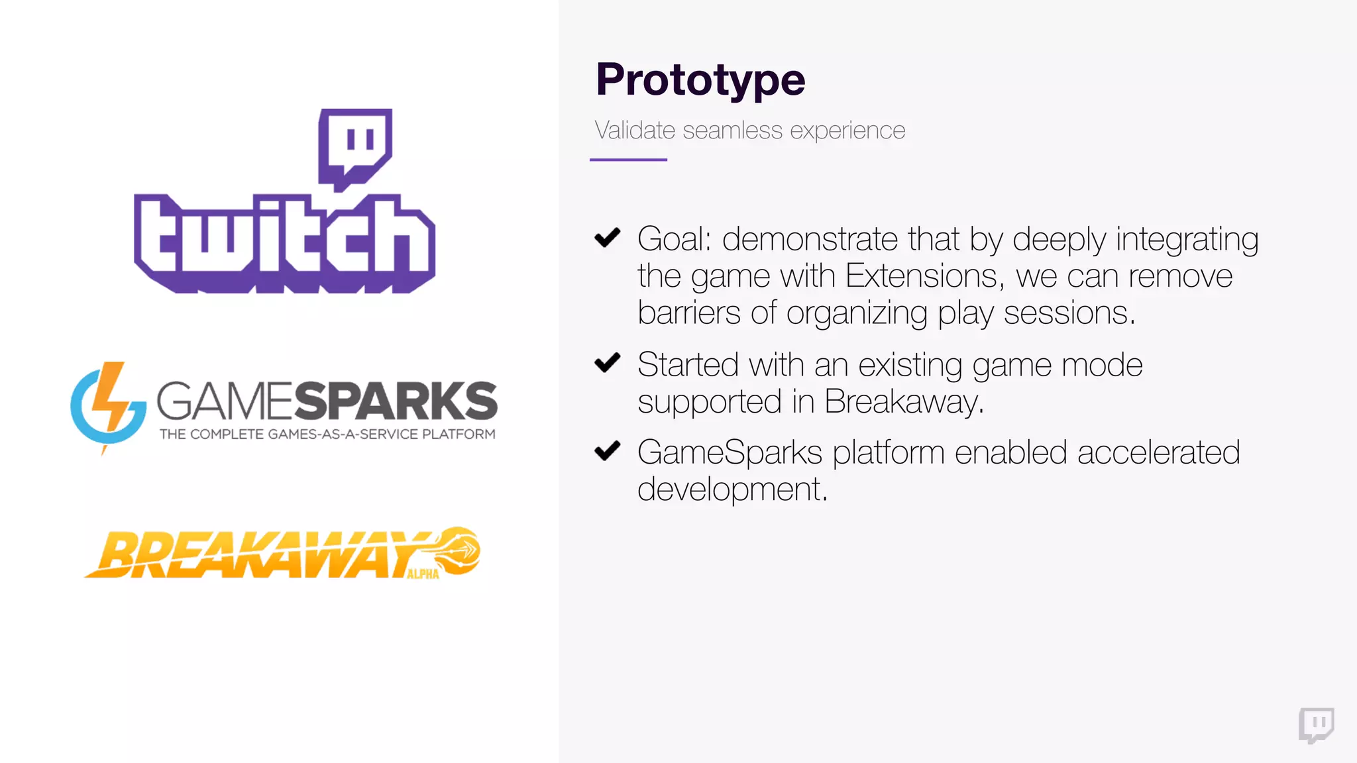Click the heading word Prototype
pyautogui.click(x=700, y=79)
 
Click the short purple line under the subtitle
pyautogui.click(x=628, y=160)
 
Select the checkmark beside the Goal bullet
pyautogui.click(x=607, y=237)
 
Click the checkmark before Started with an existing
pyautogui.click(x=607, y=362)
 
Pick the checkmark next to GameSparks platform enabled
pyautogui.click(x=607, y=451)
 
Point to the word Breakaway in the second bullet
pyautogui.click(x=903, y=402)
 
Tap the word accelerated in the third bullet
pyautogui.click(x=1158, y=453)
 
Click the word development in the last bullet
pyautogui.click(x=732, y=489)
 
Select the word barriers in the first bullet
pyautogui.click(x=688, y=313)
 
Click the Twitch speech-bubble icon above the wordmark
pyautogui.click(x=355, y=147)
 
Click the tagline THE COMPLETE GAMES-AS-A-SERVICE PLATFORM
pyautogui.click(x=327, y=434)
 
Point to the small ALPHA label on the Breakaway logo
pyautogui.click(x=423, y=574)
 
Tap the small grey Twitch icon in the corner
pyautogui.click(x=1316, y=725)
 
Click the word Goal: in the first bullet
pyautogui.click(x=674, y=239)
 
